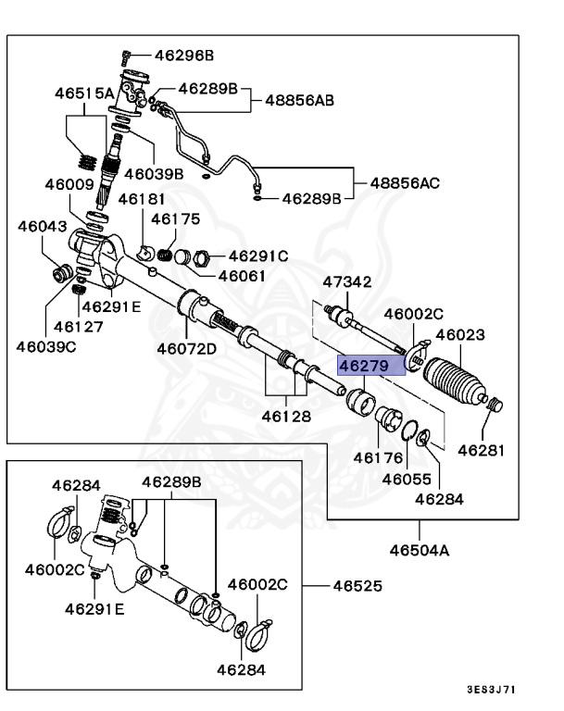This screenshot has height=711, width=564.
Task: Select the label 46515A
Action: point(83,93)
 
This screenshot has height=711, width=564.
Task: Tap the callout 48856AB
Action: point(300,100)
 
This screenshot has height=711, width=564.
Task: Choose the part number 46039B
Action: point(154,173)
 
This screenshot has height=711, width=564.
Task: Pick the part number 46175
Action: point(176,219)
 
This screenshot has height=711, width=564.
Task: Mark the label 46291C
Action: point(258,256)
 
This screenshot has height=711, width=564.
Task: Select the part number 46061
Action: point(242,276)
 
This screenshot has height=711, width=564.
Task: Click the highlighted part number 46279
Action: point(363,365)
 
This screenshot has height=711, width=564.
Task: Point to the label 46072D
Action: point(186,349)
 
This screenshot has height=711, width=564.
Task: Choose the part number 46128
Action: point(285,417)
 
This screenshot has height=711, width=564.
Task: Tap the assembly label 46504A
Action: point(419,550)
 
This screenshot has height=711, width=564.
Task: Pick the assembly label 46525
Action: point(357,586)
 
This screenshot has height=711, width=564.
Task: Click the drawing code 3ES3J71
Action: point(491,690)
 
